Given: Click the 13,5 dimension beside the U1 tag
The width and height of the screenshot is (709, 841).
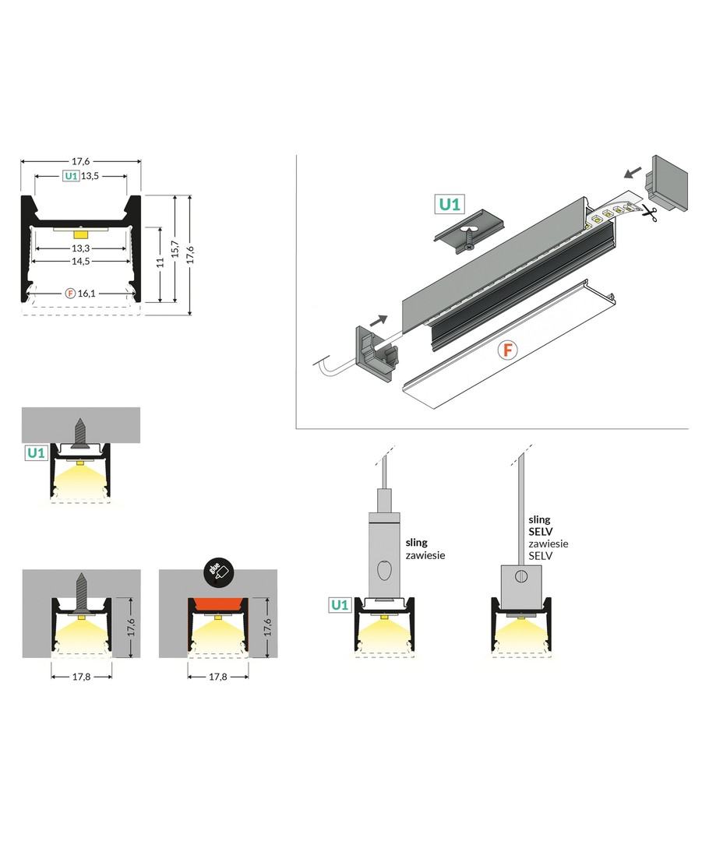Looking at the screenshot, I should tap(92, 177).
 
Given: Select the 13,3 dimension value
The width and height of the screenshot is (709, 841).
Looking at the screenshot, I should tap(81, 248).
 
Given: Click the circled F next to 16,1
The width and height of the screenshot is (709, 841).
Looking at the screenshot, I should tap(70, 294).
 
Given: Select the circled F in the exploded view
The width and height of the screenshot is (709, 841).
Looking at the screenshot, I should tap(507, 350).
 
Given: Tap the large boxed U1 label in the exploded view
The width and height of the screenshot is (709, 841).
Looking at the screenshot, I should tap(450, 205).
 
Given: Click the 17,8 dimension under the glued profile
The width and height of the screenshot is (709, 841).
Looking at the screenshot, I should tap(217, 677).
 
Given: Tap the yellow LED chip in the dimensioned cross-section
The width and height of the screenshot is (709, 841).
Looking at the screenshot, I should tap(81, 232).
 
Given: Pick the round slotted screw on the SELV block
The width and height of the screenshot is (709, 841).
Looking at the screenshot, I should tap(521, 576).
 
